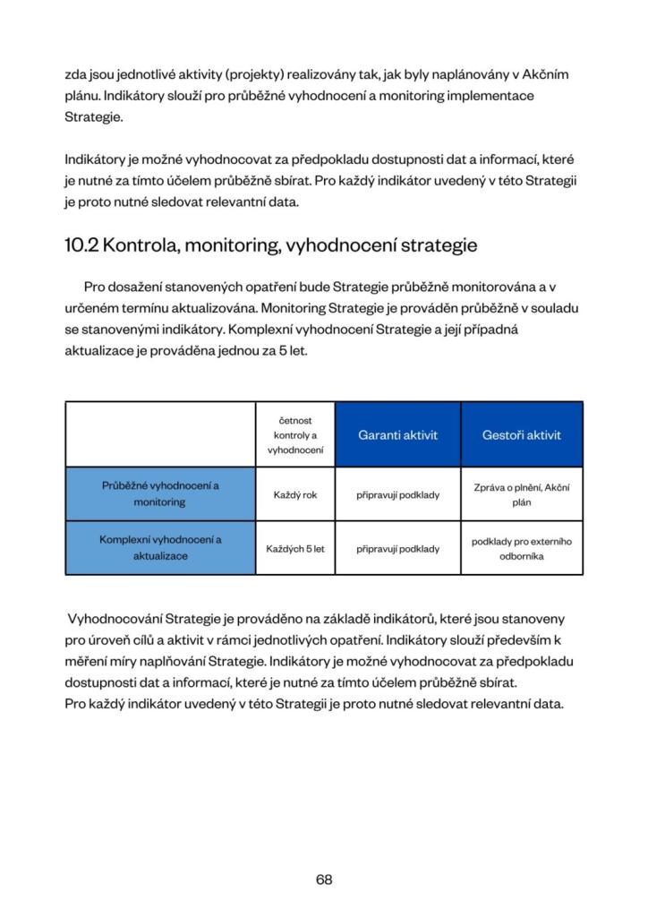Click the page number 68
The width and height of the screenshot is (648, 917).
[324, 879]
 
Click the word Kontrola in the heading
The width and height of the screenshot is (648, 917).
[144, 245]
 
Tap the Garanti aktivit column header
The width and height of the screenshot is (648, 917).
[397, 435]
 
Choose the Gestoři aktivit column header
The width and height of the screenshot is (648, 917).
[521, 435]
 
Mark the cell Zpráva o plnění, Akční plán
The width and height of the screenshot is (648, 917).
[521, 494]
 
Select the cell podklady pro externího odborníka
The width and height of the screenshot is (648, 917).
[521, 548]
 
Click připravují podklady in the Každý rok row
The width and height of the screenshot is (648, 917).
[397, 494]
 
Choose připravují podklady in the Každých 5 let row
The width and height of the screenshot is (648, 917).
[397, 548]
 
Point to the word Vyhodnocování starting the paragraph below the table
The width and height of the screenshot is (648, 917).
[110, 619]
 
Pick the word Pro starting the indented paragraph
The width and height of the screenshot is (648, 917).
[95, 287]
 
